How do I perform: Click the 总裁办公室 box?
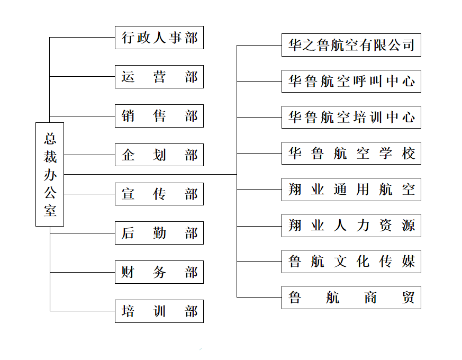[x=50, y=175]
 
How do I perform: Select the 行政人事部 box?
[x=159, y=38]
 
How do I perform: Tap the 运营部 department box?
[x=159, y=77]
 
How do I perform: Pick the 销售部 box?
[x=159, y=116]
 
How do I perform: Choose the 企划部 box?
[x=159, y=155]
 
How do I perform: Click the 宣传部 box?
[x=159, y=194]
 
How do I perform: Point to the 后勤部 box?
[x=159, y=233]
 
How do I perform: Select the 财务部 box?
[x=159, y=272]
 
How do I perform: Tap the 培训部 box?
[x=159, y=311]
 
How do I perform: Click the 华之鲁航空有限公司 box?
[x=351, y=45]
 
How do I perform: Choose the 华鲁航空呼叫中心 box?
[x=351, y=82]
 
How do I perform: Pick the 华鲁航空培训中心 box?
[x=351, y=118]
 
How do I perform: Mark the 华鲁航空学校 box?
[x=351, y=154]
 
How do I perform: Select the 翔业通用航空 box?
[x=351, y=190]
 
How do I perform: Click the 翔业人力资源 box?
[x=351, y=226]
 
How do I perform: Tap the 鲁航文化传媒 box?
[x=351, y=262]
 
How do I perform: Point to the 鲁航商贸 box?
[x=351, y=298]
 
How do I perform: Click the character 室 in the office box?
[x=50, y=211]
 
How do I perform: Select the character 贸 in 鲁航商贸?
[x=409, y=298]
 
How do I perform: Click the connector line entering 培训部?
[x=83, y=311]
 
